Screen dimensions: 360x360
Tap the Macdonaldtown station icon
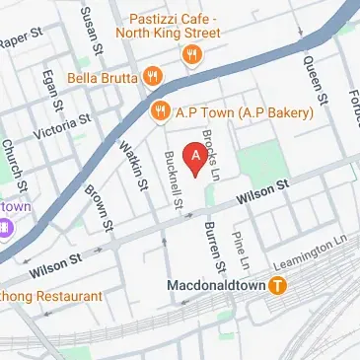(279, 286)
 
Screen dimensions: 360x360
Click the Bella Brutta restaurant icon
(152, 75)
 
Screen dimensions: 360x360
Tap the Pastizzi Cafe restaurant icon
(190, 55)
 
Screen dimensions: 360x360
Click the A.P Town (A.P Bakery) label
(244, 112)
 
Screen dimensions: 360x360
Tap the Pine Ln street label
(238, 252)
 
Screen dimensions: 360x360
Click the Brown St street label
(97, 204)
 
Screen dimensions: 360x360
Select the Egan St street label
(49, 90)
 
